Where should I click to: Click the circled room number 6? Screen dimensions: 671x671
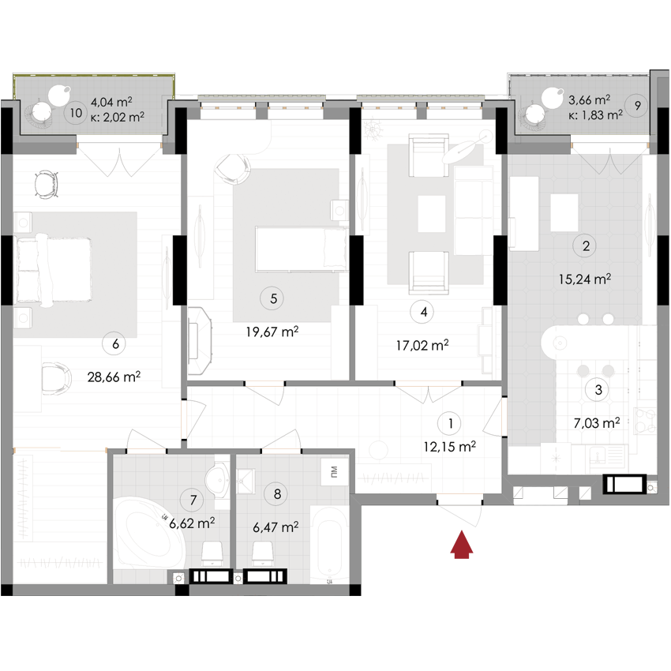click(115, 343)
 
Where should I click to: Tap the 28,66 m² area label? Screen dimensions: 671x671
click(114, 377)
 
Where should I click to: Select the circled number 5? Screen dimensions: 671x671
click(273, 298)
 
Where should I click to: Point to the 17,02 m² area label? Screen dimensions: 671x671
click(422, 344)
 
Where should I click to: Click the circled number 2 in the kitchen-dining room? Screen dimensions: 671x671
click(586, 246)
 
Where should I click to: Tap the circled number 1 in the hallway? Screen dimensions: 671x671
click(450, 424)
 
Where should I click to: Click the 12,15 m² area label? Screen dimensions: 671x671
click(450, 446)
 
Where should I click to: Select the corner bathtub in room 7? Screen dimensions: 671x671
click(147, 538)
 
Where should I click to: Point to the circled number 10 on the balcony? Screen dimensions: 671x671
click(76, 113)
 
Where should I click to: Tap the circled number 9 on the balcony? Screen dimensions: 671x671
click(637, 105)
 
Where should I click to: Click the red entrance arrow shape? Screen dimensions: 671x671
click(466, 557)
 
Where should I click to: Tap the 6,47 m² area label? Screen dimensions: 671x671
click(275, 527)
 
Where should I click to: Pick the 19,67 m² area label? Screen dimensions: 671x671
click(272, 332)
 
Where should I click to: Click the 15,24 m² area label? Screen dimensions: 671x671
click(586, 279)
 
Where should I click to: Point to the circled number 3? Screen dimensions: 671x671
click(598, 388)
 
